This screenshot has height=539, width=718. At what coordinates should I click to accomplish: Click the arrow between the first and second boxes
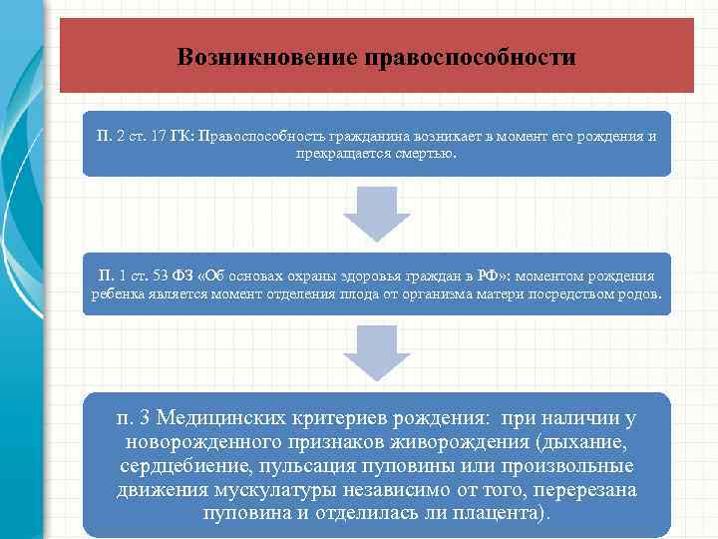(x=376, y=214)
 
